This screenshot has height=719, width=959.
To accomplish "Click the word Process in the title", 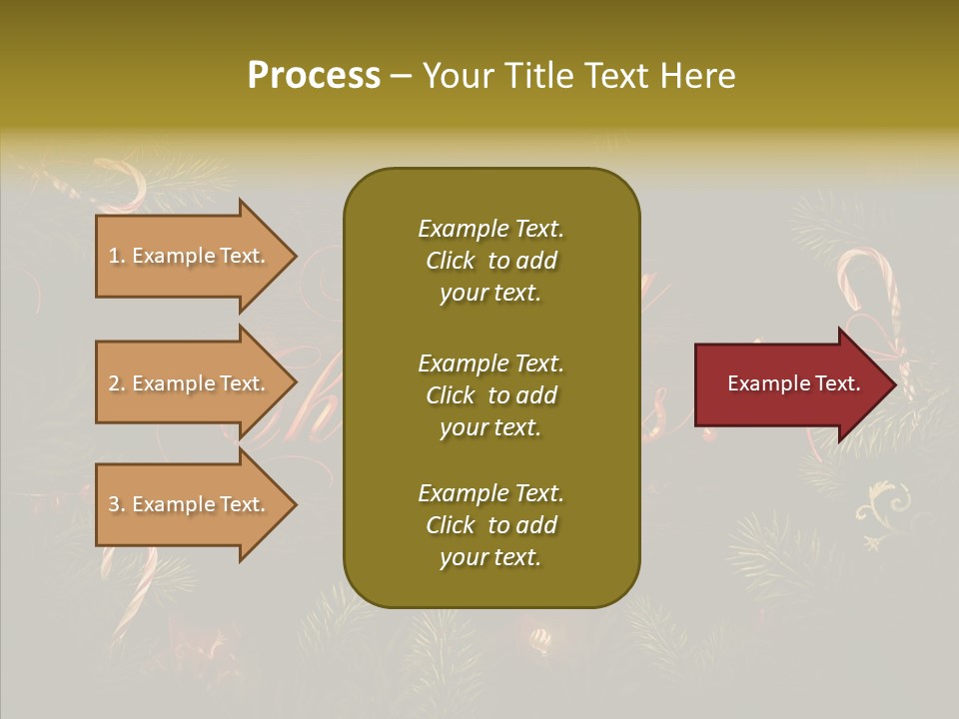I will pos(314,76).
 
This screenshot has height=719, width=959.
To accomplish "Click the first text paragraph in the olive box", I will pos(490,261).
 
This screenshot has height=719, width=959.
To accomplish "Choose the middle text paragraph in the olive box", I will pos(490,395).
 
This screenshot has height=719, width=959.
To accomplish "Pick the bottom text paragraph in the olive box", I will pos(490,525).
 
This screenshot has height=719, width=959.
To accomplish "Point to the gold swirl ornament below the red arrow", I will pos(884,504).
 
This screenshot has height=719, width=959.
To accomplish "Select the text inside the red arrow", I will pos(794,383).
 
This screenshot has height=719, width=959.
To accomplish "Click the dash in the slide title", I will pos(402,77).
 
